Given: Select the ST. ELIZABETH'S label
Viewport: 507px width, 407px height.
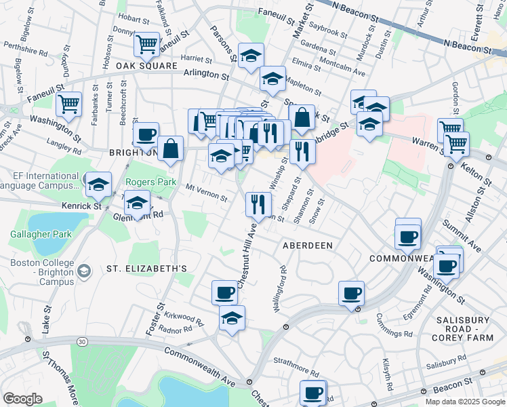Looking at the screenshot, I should click(146, 269).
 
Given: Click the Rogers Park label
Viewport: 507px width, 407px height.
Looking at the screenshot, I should click(150, 182).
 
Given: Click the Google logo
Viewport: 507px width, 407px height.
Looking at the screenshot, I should click(22, 399).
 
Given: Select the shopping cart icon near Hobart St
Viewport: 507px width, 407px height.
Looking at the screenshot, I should click(146, 45).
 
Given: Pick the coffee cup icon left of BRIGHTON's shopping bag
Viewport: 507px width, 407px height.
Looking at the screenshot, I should click(146, 134).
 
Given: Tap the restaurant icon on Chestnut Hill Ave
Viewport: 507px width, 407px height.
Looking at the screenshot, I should click(258, 203).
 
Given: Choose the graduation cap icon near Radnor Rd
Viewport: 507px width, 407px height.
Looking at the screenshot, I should click(232, 317).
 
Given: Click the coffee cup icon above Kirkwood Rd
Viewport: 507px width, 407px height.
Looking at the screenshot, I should click(224, 292).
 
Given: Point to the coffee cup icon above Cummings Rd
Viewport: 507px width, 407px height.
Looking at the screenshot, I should click(351, 293).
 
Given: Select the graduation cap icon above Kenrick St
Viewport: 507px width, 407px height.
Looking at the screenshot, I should click(98, 184).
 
